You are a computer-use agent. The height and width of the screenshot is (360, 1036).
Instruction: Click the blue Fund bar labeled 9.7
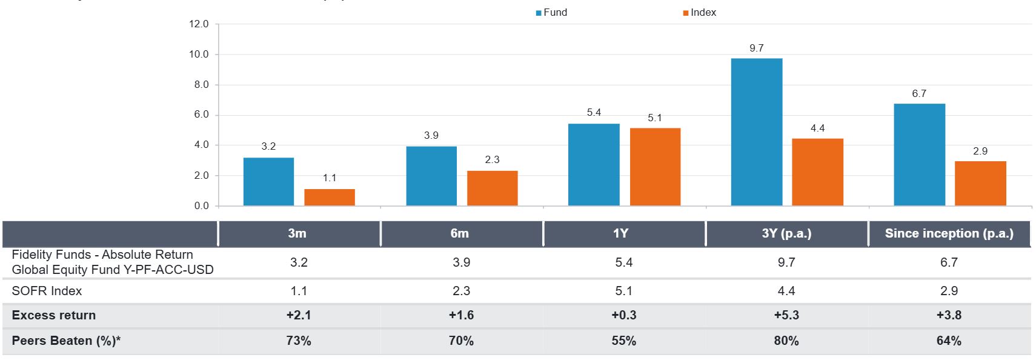pos(756,132)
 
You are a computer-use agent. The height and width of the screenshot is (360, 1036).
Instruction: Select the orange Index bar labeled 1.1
pos(330,197)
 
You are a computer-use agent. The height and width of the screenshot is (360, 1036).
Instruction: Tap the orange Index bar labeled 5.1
pos(655,167)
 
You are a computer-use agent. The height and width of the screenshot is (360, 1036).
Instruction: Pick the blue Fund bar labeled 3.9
pos(431,176)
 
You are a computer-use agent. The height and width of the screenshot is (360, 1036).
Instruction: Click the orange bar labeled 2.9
pos(980,183)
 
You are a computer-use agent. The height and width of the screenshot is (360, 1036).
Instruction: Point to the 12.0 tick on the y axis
pos(198,24)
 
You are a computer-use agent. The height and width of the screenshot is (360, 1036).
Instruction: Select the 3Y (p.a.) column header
pos(786,233)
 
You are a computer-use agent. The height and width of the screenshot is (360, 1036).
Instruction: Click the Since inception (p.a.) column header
pos(949,233)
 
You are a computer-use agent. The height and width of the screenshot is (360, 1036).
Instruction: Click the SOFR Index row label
pos(47,291)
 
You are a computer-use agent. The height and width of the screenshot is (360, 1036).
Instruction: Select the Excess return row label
pos(54,315)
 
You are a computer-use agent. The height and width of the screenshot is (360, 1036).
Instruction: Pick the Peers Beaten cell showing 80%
pos(786,341)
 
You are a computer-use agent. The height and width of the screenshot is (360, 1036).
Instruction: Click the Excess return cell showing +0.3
pos(623,315)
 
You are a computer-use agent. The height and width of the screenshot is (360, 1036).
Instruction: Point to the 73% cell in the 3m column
pos(299,341)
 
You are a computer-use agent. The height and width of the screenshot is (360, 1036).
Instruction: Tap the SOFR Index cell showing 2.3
pos(461,291)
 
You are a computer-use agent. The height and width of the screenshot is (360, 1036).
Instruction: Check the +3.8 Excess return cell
pos(949,315)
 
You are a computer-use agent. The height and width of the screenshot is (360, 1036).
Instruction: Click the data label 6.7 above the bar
pos(919,93)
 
